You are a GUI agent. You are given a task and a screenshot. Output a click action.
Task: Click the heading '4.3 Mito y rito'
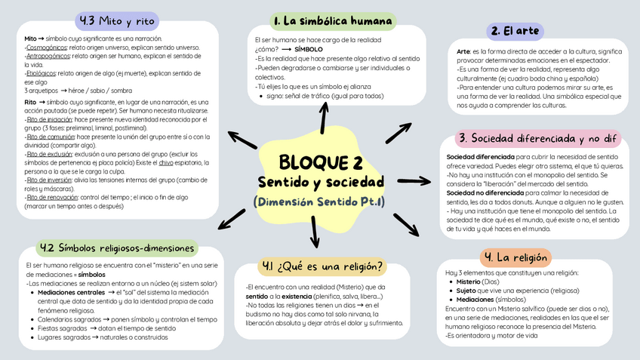pyautogui.click(x=117, y=19)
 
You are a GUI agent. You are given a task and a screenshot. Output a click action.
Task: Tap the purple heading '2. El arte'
pyautogui.click(x=515, y=31)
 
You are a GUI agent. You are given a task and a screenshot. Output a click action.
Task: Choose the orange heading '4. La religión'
pyautogui.click(x=515, y=257)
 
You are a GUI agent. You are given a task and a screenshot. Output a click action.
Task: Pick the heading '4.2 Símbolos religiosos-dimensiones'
pyautogui.click(x=116, y=248)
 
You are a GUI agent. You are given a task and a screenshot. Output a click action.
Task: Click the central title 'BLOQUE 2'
pyautogui.click(x=321, y=162)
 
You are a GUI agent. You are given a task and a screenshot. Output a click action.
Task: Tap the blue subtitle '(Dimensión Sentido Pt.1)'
pyautogui.click(x=320, y=202)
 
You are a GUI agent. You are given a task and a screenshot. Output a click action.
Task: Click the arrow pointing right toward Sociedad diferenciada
pyautogui.click(x=413, y=181)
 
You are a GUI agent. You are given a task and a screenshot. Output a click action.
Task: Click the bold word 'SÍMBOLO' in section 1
pyautogui.click(x=309, y=48)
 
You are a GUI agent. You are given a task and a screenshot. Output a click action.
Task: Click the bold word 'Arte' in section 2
pyautogui.click(x=463, y=51)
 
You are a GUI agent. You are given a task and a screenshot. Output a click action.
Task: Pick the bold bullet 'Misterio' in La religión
pyautogui.click(x=474, y=282)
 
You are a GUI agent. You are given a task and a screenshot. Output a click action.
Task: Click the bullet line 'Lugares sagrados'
pyautogui.click(x=64, y=337)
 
